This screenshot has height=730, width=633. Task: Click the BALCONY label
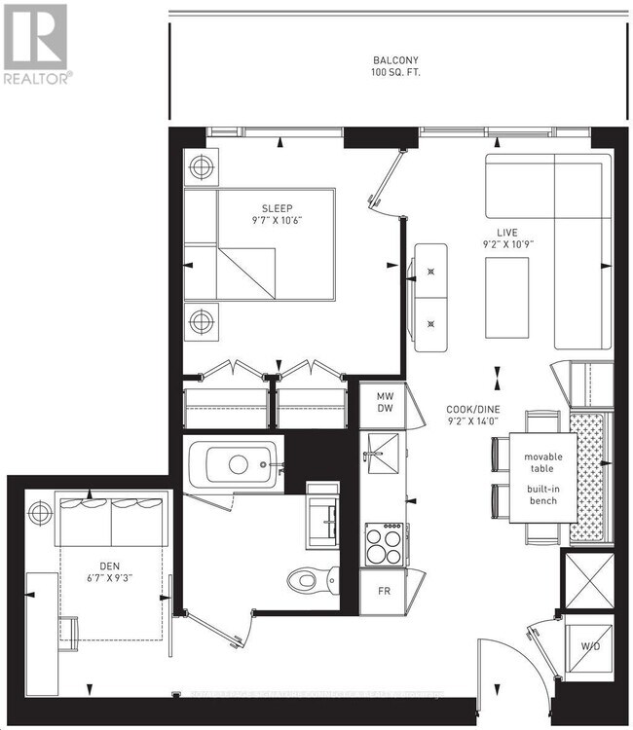(392, 59)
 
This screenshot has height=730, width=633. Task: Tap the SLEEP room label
(277, 208)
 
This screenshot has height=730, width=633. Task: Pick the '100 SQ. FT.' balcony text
(392, 73)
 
